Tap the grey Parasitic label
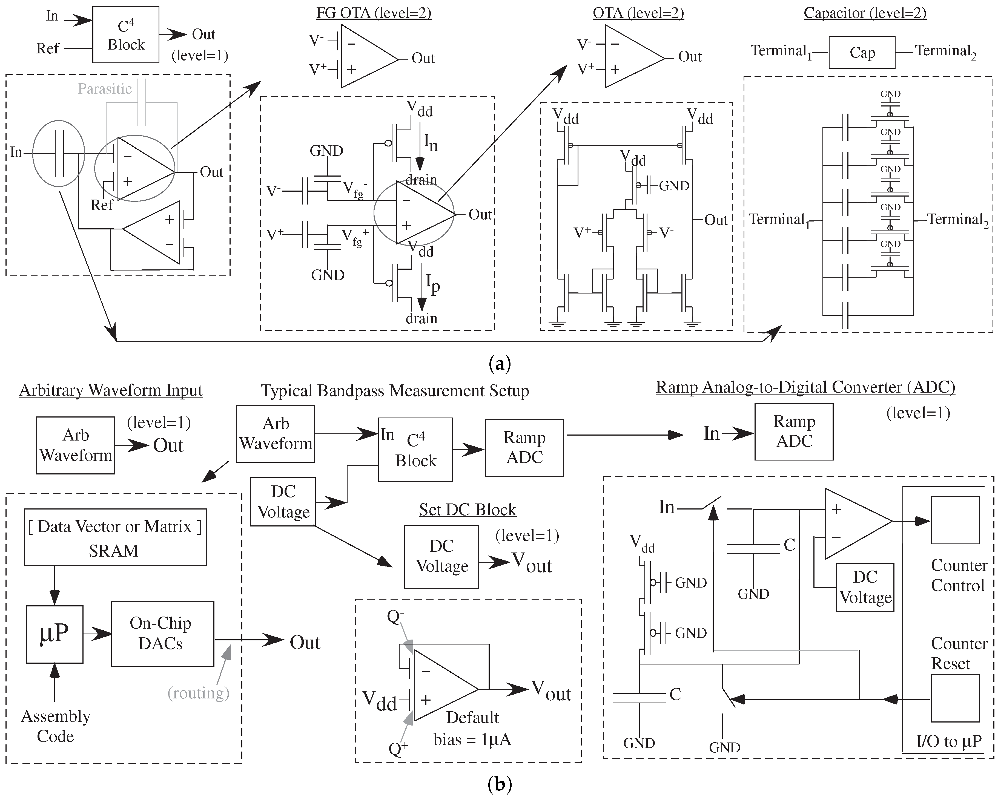tap(105, 88)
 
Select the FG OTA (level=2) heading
tap(374, 13)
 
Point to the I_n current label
tap(431, 142)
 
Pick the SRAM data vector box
tap(115, 537)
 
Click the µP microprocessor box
tap(55, 634)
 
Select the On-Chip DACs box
tap(162, 634)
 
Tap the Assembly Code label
tap(56, 726)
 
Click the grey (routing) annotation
tap(198, 693)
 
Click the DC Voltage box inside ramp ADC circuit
tap(865, 587)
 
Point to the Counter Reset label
tap(959, 653)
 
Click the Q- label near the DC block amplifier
tap(395, 617)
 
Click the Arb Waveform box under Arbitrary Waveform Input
tap(75, 445)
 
